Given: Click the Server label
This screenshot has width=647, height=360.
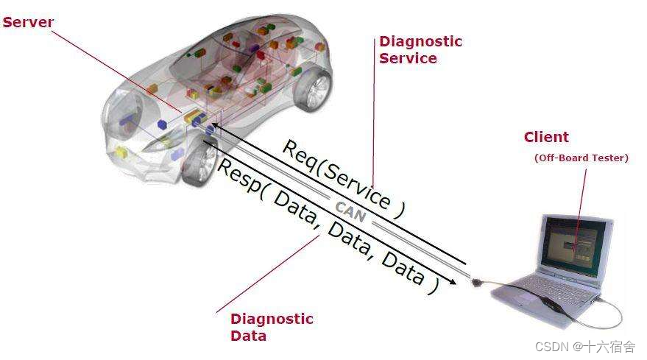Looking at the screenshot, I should click(28, 22).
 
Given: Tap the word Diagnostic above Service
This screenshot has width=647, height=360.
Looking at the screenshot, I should click(420, 41).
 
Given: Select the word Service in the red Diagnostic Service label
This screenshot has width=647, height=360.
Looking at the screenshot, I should click(407, 58).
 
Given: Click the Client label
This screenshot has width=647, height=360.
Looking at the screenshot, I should click(546, 137).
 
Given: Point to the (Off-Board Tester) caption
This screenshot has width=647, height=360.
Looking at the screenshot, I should click(581, 158).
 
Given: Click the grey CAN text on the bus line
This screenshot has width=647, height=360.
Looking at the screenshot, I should click(350, 211).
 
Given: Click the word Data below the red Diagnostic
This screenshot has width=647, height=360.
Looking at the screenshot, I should click(248, 336).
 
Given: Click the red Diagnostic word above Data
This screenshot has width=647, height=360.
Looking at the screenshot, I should click(272, 319).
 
